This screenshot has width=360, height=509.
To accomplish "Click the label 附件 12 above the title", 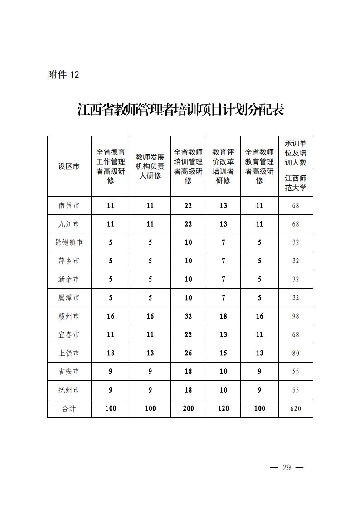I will pos(63,75).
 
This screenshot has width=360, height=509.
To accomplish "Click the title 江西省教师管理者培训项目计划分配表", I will pos(180,110).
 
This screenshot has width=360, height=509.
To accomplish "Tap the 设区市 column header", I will pos(69,166).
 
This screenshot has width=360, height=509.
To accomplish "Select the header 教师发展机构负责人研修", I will pos(150,166).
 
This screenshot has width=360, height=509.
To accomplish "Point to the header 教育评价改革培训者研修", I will pos(223,166).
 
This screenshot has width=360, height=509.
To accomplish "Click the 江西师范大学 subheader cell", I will pos(296,183).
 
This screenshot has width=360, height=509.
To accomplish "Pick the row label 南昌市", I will pos(69,205).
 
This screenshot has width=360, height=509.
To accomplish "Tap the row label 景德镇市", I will pos(69,242).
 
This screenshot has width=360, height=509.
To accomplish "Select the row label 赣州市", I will pos(69,316).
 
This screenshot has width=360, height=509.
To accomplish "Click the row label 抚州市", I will pos(69,390).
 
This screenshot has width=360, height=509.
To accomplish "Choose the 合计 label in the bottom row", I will pos(69,408).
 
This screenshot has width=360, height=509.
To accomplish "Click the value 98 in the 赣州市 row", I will pos(296,316).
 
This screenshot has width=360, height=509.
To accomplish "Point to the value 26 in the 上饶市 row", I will pos(188,353).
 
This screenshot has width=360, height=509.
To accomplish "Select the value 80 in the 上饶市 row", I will pos(296,353).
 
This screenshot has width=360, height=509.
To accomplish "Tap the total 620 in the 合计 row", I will pos(296,408).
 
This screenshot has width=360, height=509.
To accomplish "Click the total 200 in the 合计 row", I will pos(188,408).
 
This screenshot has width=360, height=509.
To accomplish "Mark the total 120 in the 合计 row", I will pos(223,408).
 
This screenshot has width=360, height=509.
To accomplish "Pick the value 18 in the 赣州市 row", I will pos(223,316).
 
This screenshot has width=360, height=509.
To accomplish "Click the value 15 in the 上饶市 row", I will pos(223,353).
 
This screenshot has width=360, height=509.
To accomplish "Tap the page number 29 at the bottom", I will pos(286,468).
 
